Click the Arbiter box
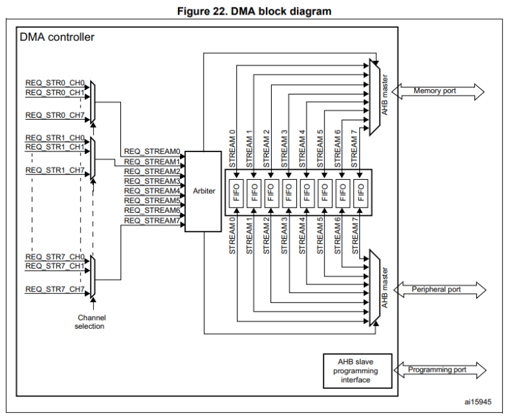pyautogui.click(x=203, y=191)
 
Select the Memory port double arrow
pyautogui.click(x=439, y=91)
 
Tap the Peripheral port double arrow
pyautogui.click(x=439, y=290)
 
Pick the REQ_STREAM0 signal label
pyautogui.click(x=152, y=151)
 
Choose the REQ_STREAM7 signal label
pyautogui.click(x=152, y=220)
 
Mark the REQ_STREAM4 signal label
pyautogui.click(x=152, y=190)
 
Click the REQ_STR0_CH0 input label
pyautogui.click(x=55, y=83)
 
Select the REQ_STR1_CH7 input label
pyautogui.click(x=55, y=170)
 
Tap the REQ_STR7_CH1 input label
pyautogui.click(x=55, y=266)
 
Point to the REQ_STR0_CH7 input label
pyautogui.click(x=55, y=115)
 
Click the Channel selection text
pyautogui.click(x=91, y=321)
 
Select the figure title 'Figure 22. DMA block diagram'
pyautogui.click(x=255, y=11)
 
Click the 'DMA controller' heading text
pyautogui.click(x=57, y=37)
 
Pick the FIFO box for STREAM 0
pyautogui.click(x=235, y=192)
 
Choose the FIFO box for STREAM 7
pyautogui.click(x=360, y=192)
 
